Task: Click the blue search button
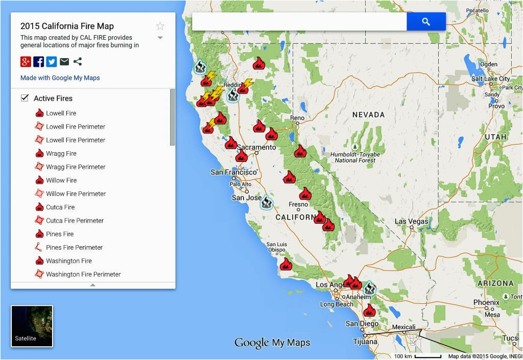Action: (x=426, y=21)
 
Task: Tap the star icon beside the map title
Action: (x=160, y=26)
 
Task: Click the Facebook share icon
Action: (x=39, y=62)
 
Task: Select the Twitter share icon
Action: (x=52, y=62)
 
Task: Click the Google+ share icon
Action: (x=26, y=62)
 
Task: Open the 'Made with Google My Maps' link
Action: (x=60, y=78)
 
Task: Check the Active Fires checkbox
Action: (x=25, y=98)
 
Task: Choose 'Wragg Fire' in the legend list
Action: (x=61, y=153)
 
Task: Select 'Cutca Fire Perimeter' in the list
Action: (x=75, y=221)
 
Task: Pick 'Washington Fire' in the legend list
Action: (x=69, y=261)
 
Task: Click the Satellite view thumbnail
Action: (x=32, y=326)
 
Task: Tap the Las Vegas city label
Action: (x=412, y=222)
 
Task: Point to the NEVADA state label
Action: (x=368, y=115)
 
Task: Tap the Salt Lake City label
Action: (x=490, y=79)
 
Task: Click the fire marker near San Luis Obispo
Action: (x=286, y=264)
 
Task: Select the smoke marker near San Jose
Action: (x=266, y=203)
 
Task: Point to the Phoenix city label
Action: (x=486, y=302)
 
